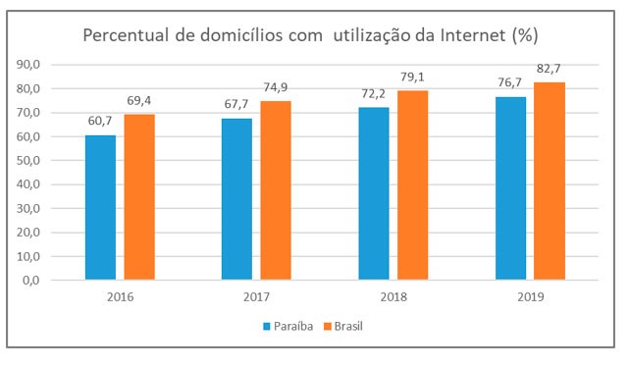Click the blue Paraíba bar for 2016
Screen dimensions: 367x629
click(101, 207)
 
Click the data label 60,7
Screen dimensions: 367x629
click(101, 124)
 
